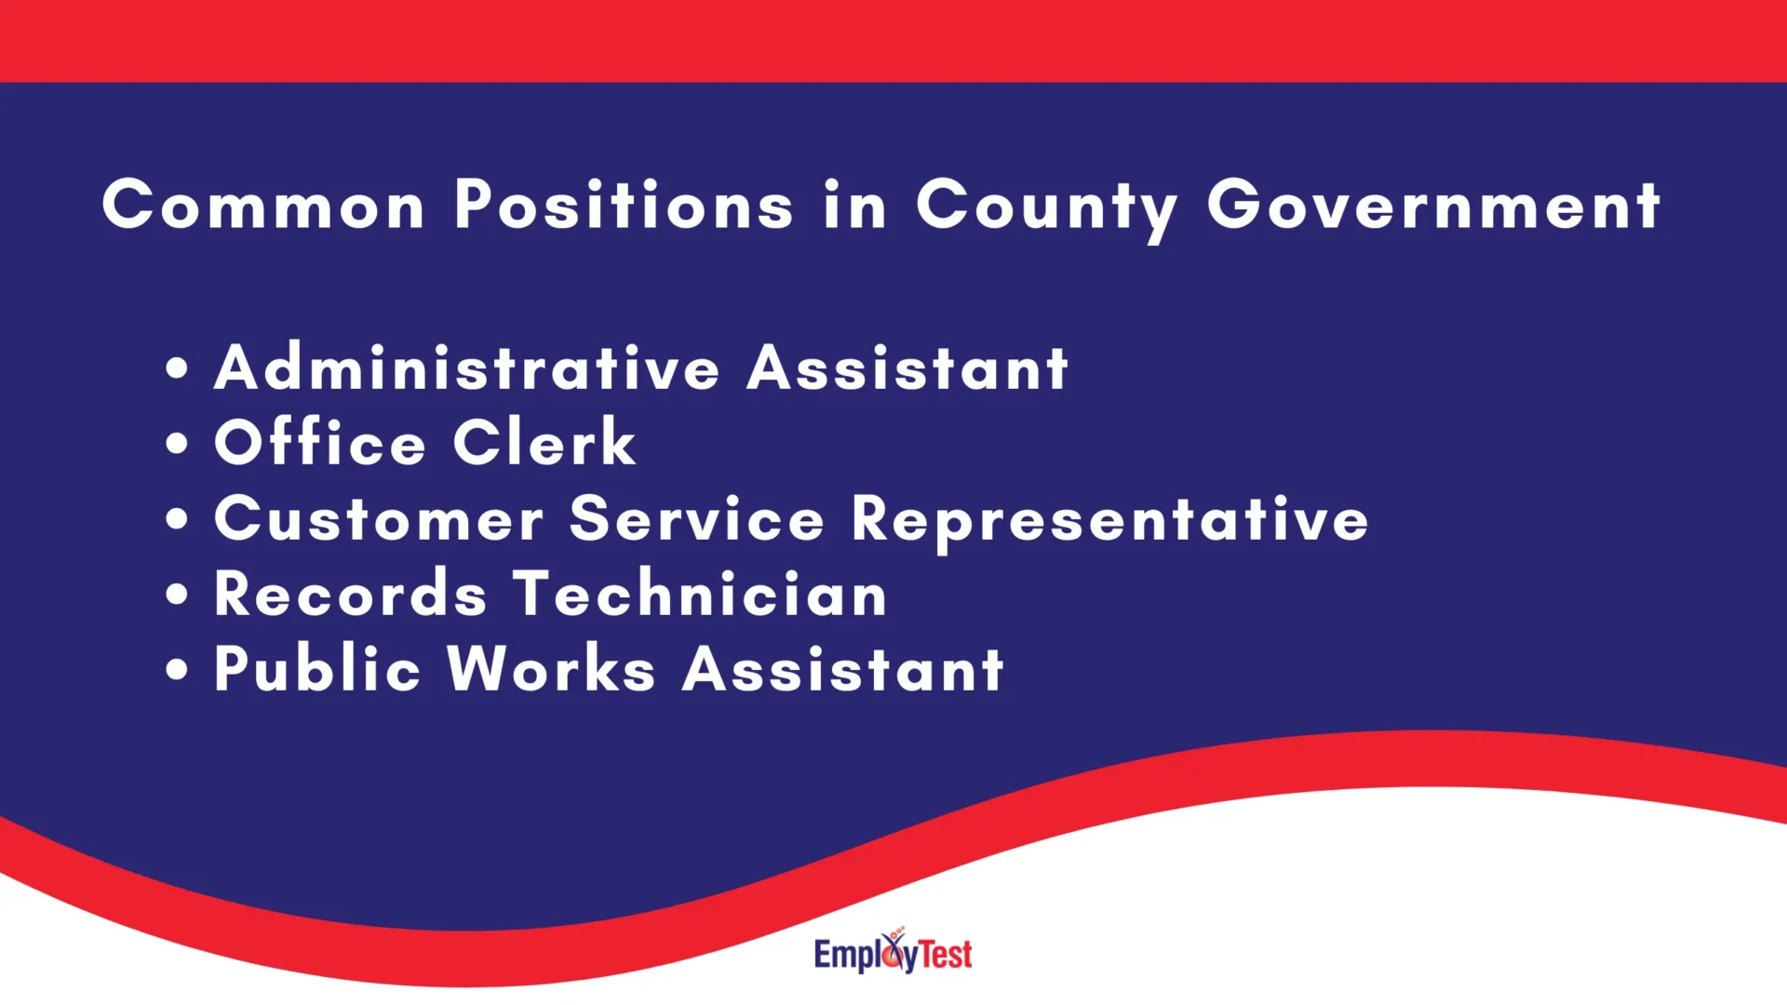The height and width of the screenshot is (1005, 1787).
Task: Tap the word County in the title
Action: [1047, 207]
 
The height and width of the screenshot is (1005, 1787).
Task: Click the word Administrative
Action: [467, 368]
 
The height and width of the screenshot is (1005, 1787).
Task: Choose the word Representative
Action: [1109, 520]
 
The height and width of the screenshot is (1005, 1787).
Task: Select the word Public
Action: [317, 669]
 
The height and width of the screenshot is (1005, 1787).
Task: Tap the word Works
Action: [552, 669]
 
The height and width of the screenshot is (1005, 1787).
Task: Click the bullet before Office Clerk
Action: [177, 443]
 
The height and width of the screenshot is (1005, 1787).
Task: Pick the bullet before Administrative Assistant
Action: [177, 368]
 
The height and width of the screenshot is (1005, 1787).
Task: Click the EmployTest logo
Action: [893, 952]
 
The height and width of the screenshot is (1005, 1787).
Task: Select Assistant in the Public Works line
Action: [843, 669]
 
